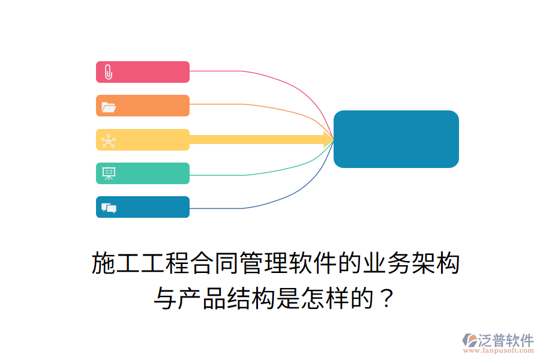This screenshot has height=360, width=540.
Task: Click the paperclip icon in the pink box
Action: (x=108, y=72)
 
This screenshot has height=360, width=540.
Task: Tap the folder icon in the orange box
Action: (x=109, y=107)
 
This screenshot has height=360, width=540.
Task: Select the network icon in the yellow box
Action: (x=109, y=140)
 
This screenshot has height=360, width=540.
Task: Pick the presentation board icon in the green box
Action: (x=109, y=174)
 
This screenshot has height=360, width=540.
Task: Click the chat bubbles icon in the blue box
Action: (x=109, y=208)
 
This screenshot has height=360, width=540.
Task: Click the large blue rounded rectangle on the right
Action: (x=396, y=139)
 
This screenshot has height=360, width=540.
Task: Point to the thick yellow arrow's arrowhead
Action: (x=329, y=140)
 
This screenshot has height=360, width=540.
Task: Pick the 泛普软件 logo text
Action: (x=505, y=340)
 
